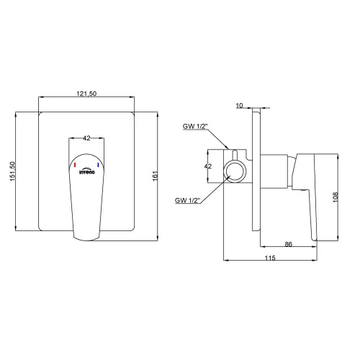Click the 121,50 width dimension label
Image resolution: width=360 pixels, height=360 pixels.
pos(86,94)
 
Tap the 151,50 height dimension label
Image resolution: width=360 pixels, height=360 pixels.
pos(12,171)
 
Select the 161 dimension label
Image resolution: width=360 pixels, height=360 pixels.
pos(156,176)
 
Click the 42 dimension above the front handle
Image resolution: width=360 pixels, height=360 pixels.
pos(86,138)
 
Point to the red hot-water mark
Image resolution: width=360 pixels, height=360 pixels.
pos(75,165)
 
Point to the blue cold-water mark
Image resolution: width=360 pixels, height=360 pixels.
pos(98,165)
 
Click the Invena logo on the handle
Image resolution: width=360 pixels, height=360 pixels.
pos(87,171)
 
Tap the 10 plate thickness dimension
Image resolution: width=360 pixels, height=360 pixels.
pos(239,106)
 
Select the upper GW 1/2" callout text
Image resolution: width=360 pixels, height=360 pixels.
pos(194,126)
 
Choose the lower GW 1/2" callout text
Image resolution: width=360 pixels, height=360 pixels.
pos(187,200)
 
